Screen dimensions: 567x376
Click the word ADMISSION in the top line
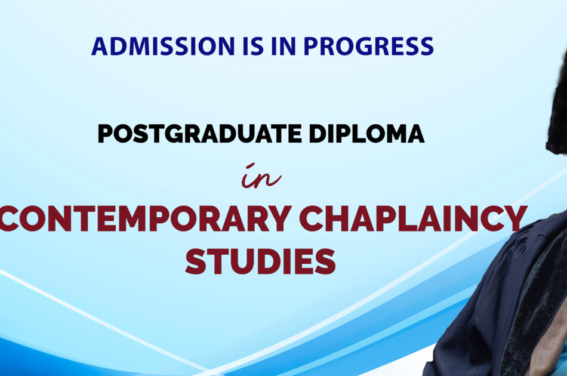(163, 46)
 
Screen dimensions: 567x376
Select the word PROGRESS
(368, 46)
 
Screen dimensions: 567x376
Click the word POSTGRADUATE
(199, 134)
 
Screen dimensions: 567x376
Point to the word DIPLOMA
(366, 134)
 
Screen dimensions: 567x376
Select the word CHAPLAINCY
(414, 218)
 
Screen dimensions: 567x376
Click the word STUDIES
(260, 261)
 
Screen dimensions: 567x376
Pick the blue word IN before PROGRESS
(283, 46)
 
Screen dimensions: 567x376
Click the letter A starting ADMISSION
(100, 46)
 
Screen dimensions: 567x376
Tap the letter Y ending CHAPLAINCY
(514, 218)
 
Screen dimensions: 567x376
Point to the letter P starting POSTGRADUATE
(106, 134)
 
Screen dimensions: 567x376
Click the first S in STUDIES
(196, 261)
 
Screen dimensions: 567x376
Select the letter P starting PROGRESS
(311, 46)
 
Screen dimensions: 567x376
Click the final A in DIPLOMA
(415, 134)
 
